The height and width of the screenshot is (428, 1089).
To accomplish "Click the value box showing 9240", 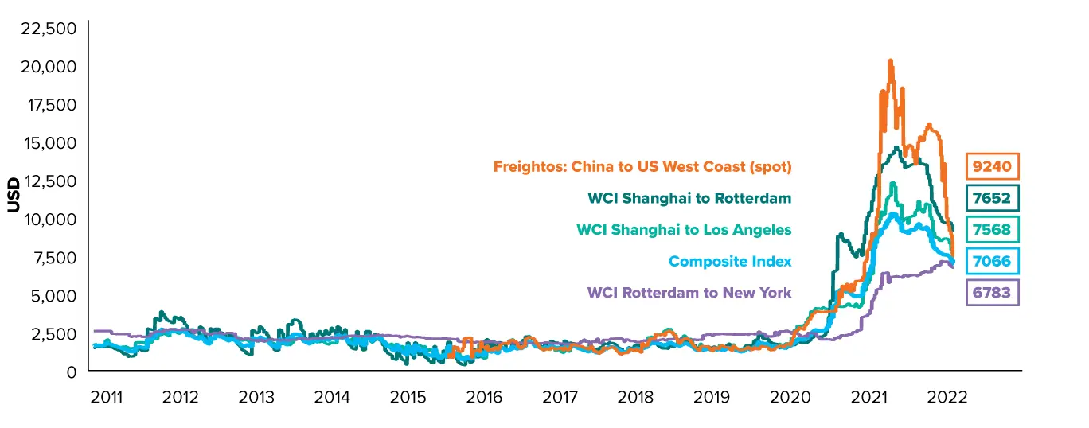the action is (992, 166).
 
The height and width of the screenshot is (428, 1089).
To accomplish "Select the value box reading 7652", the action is (992, 198).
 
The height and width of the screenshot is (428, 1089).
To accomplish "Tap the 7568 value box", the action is (992, 230).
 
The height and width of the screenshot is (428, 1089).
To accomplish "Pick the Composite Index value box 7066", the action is (992, 262).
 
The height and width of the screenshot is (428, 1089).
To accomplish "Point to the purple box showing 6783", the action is (992, 293).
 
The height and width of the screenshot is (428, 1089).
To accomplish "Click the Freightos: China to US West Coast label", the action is (642, 166).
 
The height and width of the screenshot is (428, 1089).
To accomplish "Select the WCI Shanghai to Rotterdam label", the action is (689, 198).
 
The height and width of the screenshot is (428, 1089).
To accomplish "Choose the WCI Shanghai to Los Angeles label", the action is (684, 230).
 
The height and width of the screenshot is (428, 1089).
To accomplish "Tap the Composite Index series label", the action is (730, 262).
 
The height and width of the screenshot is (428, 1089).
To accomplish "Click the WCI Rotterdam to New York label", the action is (689, 293).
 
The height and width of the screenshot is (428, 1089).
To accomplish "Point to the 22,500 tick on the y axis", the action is (49, 28).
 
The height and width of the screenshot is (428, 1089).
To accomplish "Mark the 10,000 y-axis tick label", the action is (51, 220).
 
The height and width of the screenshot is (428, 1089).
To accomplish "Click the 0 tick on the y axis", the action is (72, 372).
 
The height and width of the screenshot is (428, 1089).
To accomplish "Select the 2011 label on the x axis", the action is (107, 398).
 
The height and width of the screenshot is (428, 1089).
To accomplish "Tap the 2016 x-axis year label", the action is (484, 398).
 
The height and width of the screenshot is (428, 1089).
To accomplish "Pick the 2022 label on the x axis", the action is (947, 398).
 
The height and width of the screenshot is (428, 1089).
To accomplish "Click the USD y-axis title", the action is (14, 195).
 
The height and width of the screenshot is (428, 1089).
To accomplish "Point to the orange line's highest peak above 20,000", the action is (890, 60).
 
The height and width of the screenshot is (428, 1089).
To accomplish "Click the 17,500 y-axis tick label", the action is (52, 105).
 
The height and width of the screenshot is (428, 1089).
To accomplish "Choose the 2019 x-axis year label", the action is (711, 398).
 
